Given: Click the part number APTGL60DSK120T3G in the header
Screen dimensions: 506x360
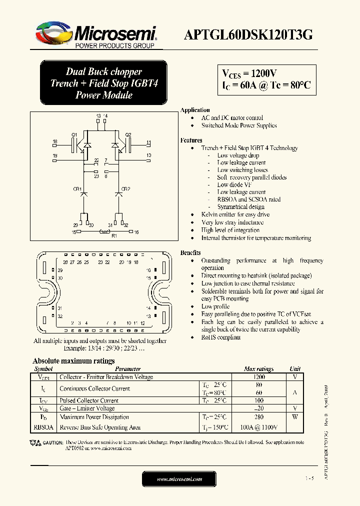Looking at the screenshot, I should click(x=249, y=34).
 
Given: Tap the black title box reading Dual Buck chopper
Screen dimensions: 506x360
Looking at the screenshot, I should click(x=103, y=83).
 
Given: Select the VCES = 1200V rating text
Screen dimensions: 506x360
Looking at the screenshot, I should click(x=248, y=73).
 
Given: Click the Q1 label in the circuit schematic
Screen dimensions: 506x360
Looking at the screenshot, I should click(x=74, y=134).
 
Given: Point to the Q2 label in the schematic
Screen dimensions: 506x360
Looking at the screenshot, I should click(x=128, y=134).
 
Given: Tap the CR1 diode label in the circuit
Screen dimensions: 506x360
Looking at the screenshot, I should click(x=77, y=188).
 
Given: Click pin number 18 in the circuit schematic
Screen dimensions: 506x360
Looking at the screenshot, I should click(x=55, y=142).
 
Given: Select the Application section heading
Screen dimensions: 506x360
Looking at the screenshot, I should click(x=195, y=110).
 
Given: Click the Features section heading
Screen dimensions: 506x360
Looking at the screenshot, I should click(x=191, y=140).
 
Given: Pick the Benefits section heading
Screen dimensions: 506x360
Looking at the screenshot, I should click(x=190, y=253).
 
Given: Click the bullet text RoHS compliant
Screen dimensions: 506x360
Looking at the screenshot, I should click(x=220, y=337).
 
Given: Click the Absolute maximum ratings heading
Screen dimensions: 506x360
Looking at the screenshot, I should click(x=73, y=361).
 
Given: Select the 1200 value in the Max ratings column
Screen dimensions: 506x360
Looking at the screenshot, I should click(x=258, y=377).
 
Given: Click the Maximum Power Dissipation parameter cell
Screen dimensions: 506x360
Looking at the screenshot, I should click(x=94, y=417).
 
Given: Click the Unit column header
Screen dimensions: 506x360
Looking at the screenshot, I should click(x=295, y=369).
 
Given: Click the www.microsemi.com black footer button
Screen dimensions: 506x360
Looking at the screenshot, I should click(x=179, y=479).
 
